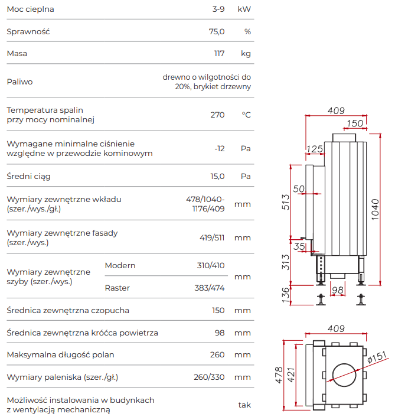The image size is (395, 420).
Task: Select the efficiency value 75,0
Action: tap(217, 31)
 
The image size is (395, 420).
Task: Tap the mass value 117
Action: tap(219, 54)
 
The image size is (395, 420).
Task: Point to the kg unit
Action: tap(246, 54)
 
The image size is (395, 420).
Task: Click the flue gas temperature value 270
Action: tap(217, 115)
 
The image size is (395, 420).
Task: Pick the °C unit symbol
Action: tap(246, 115)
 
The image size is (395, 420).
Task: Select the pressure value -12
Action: tap(219, 148)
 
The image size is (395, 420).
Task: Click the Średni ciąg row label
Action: tap(28, 176)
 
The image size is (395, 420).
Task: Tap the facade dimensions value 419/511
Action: tap(212, 238)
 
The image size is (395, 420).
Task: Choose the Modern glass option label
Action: tap(120, 265)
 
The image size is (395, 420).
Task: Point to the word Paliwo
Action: tap(19, 82)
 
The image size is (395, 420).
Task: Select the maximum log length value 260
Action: tap(217, 355)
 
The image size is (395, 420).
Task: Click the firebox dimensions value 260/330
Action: tap(209, 377)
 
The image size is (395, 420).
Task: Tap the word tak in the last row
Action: tap(244, 405)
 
